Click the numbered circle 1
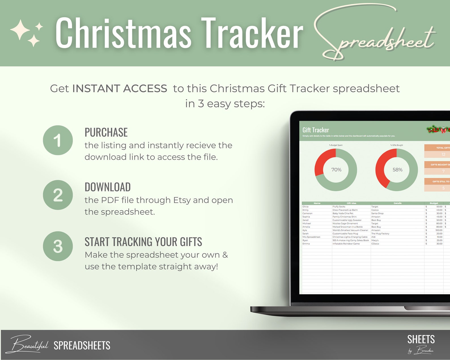(x=58, y=140)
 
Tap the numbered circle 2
(x=58, y=195)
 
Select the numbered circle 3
(x=58, y=246)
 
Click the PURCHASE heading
(x=106, y=132)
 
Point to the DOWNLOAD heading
(x=108, y=187)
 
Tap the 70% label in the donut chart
(x=336, y=170)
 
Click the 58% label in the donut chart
(x=397, y=170)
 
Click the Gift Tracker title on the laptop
(x=316, y=130)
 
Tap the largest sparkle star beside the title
(x=20, y=29)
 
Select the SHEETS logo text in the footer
(x=421, y=339)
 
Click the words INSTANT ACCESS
(x=120, y=88)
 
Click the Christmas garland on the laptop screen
(x=438, y=130)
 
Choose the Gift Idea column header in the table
(x=351, y=203)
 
